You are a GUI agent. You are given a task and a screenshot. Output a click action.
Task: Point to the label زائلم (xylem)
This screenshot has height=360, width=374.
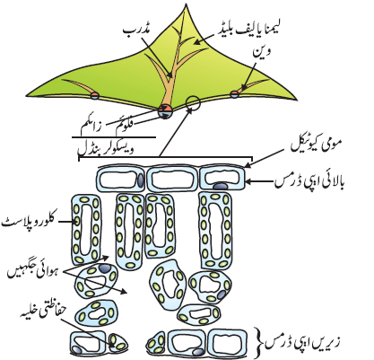coord(91,128)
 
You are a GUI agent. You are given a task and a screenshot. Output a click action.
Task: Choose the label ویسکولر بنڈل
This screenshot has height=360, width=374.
coord(106,149)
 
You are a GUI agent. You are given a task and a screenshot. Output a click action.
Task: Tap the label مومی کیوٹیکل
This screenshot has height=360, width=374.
coord(316,145)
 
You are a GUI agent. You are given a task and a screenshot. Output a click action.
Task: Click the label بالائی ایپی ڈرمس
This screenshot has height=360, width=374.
coord(309,181)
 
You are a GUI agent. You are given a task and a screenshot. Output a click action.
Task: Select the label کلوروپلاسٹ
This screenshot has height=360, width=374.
coord(29,222)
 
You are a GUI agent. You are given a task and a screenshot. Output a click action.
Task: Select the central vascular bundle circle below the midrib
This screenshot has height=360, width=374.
coord(165,111)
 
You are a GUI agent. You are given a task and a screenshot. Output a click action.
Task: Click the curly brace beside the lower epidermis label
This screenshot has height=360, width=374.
coord(259,342)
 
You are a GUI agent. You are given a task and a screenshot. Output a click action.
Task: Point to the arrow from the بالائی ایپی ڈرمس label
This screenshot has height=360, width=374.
coord(260,181)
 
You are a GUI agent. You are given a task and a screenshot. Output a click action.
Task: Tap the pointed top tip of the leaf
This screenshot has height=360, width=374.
coord(187,4)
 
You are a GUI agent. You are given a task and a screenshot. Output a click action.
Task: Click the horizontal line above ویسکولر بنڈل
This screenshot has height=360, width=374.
coord(114,137)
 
